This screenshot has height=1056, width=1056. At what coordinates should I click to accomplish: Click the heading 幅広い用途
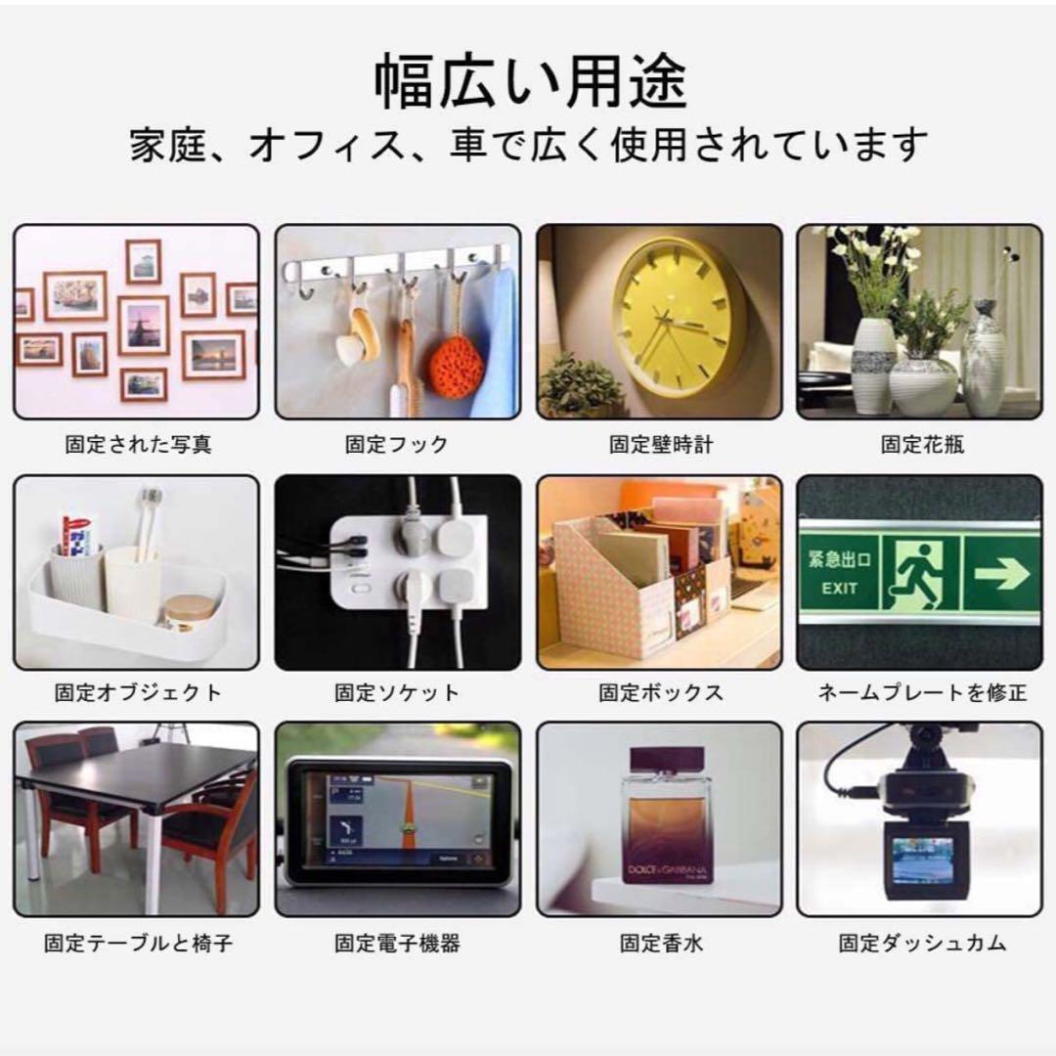531,83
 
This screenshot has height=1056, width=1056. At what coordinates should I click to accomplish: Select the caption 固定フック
396,445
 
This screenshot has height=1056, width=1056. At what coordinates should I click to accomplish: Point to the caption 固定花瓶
922,445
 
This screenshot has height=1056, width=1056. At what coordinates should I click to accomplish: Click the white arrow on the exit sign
1001,574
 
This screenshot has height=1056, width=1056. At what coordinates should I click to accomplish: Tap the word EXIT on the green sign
839,588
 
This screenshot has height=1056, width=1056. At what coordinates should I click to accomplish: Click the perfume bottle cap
667,759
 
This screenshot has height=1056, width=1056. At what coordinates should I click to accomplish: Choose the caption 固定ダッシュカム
922,944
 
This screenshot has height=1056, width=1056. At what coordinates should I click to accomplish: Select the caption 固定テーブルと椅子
138,944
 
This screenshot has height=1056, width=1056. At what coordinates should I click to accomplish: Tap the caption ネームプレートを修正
922,693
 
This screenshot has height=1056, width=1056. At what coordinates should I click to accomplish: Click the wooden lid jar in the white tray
190,611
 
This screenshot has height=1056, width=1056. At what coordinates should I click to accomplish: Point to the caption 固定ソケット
396,693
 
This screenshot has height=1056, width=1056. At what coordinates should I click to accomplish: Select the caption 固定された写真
138,445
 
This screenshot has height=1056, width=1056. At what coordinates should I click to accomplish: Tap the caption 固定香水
661,944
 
